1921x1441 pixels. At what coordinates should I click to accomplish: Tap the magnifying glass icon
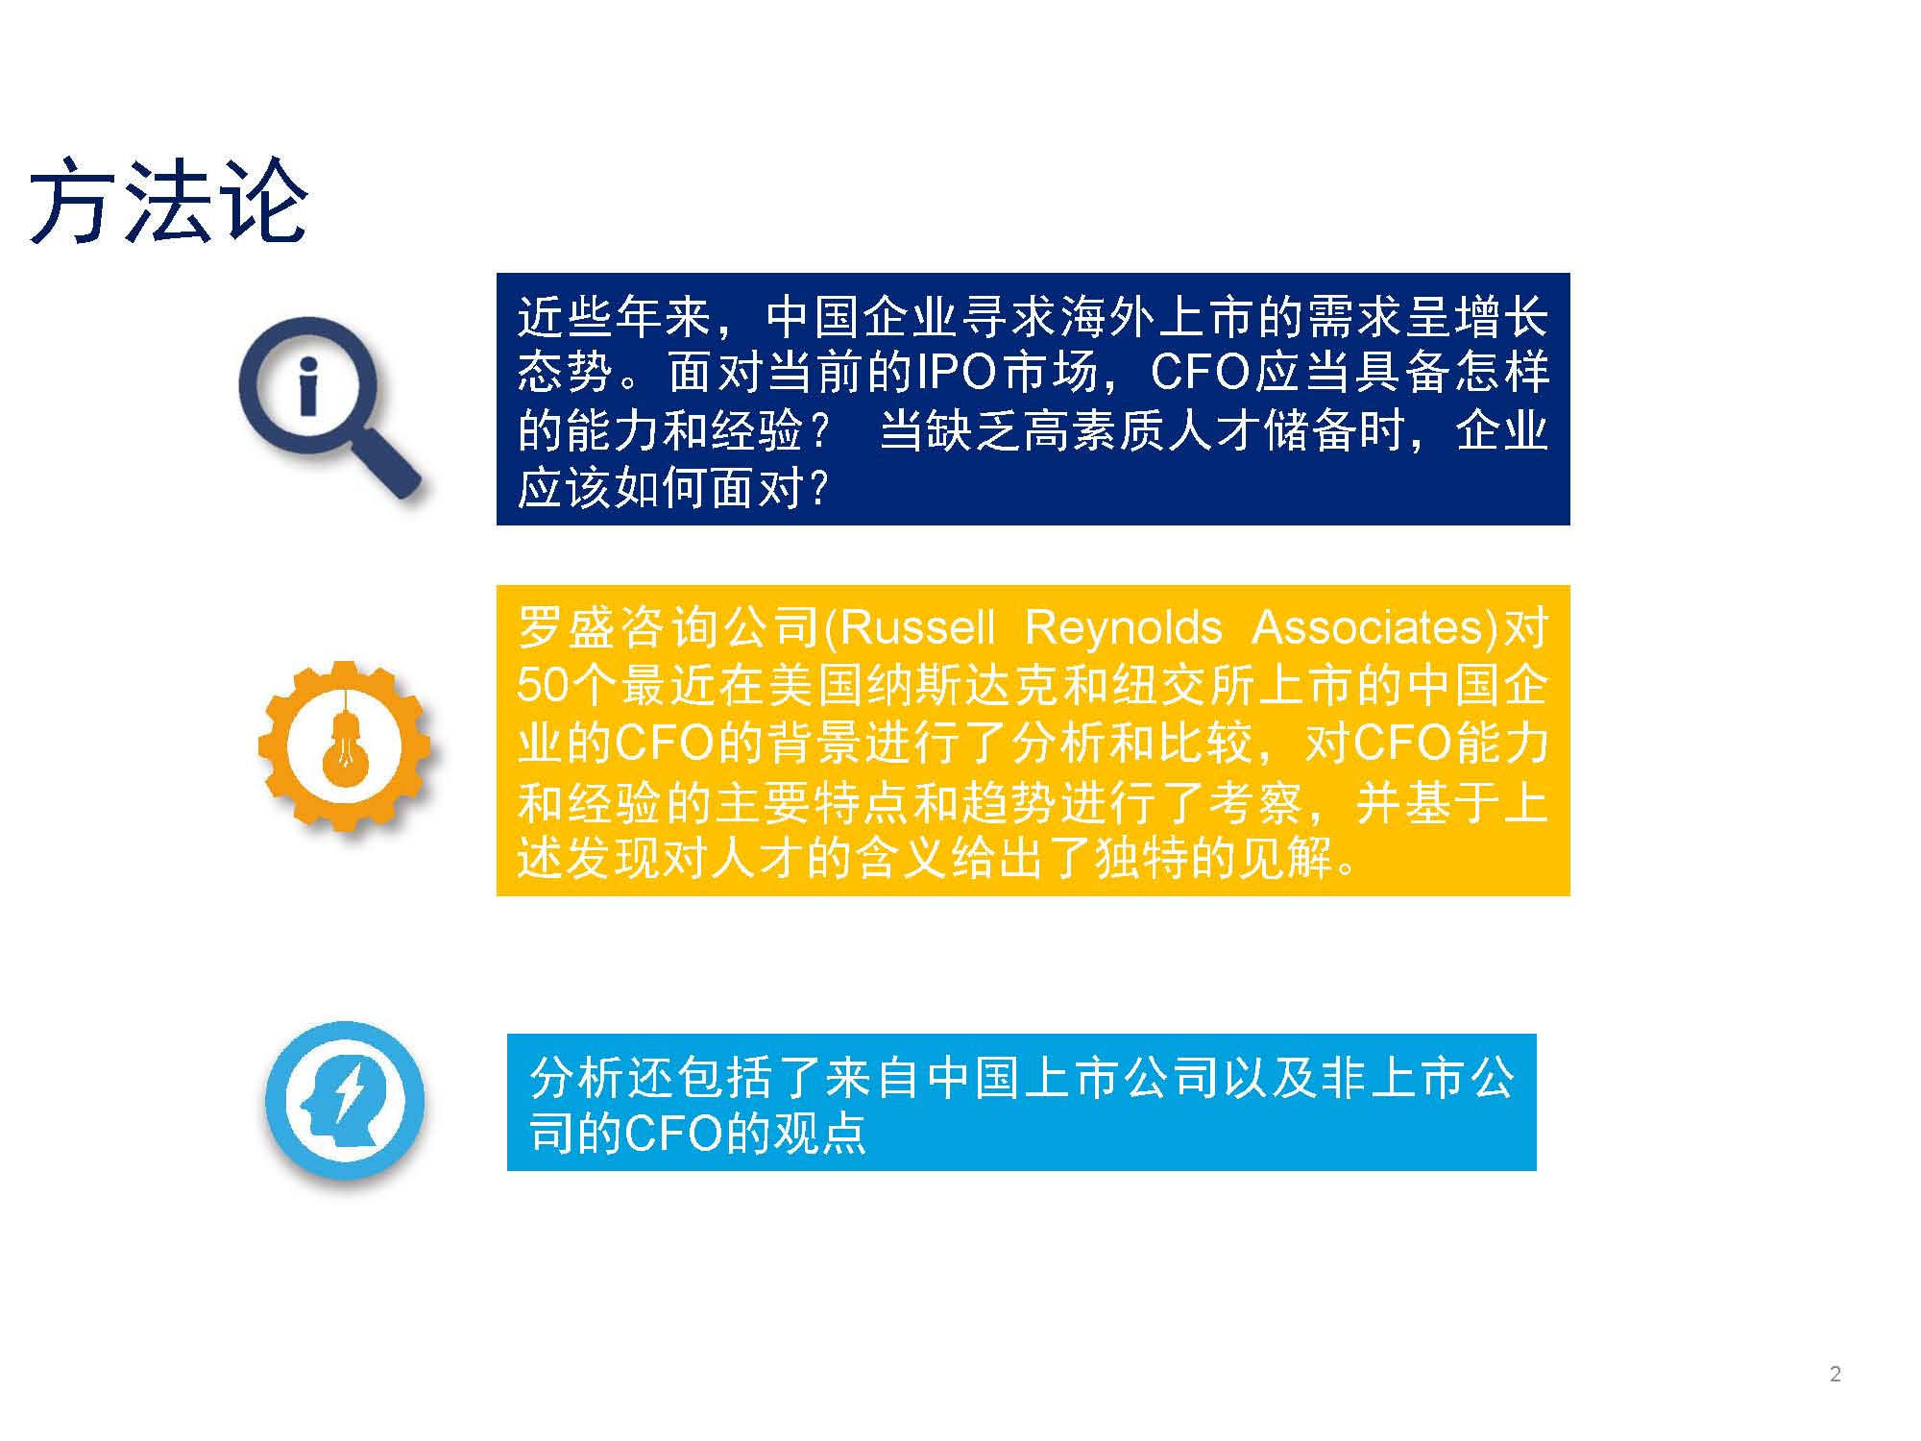[x=329, y=407]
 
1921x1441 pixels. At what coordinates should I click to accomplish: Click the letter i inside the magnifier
[x=308, y=388]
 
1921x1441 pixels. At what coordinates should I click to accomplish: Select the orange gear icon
[x=345, y=745]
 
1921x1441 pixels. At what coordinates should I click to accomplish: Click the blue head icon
[x=345, y=1100]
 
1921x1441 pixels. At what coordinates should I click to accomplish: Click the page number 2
[x=1836, y=1374]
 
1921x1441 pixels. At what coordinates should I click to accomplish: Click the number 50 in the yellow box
[x=544, y=686]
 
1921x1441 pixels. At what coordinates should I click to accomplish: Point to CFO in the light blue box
[x=672, y=1135]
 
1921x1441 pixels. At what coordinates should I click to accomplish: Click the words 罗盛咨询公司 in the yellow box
[x=667, y=628]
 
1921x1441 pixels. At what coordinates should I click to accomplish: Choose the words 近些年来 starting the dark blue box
[x=615, y=317]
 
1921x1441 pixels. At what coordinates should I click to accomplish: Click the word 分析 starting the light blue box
[x=577, y=1078]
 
